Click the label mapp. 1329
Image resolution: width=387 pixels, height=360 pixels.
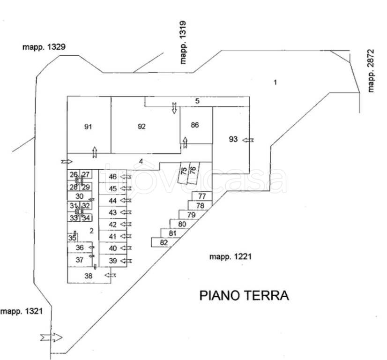(44, 47)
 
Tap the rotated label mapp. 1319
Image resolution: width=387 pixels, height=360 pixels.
(183, 43)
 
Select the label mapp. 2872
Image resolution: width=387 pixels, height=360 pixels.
(371, 71)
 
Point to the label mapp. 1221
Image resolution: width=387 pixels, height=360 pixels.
(231, 256)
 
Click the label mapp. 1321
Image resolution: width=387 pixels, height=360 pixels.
(22, 311)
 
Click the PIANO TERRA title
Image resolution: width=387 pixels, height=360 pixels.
(244, 295)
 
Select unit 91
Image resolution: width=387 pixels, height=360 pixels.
(89, 125)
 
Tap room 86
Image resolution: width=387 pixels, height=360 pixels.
(196, 125)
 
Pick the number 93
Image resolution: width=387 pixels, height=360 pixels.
(233, 139)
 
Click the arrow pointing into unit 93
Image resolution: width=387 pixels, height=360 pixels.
(248, 140)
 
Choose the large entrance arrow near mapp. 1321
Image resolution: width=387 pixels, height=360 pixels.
(52, 337)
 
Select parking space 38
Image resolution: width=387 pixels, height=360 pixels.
(89, 275)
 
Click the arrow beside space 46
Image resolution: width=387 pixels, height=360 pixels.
(126, 177)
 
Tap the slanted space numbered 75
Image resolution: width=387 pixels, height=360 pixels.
(184, 173)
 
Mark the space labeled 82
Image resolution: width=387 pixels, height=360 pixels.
(163, 242)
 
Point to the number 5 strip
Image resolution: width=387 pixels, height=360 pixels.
(197, 101)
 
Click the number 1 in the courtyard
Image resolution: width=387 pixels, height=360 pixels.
(275, 82)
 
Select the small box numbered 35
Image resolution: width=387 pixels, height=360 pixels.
(73, 238)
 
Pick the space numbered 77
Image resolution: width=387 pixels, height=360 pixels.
(202, 196)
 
